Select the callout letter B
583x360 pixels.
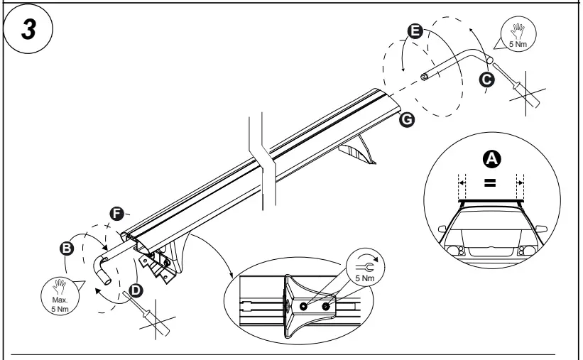[67, 248]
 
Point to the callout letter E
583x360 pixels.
[416, 31]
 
